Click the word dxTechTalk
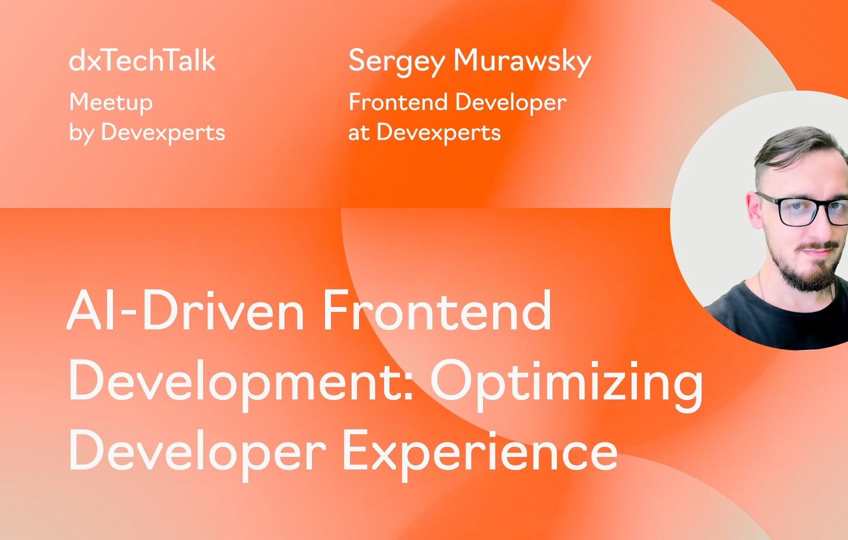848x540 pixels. pyautogui.click(x=142, y=61)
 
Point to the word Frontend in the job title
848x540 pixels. pyautogui.click(x=397, y=102)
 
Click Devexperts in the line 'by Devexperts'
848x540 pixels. pyautogui.click(x=163, y=132)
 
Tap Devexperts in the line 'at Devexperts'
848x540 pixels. pyautogui.click(x=438, y=132)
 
